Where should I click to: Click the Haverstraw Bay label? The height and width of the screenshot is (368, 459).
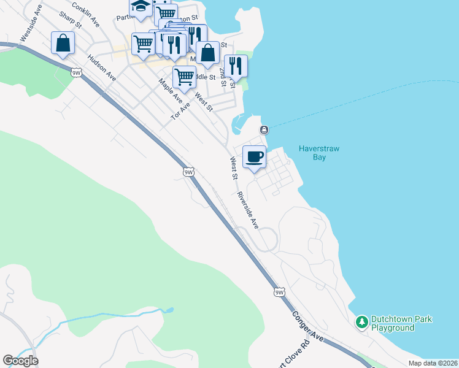[319, 153]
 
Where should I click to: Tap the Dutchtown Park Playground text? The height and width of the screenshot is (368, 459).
[402, 323]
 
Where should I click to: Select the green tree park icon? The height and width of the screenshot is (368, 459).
[362, 321]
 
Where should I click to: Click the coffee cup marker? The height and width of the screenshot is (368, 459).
[255, 157]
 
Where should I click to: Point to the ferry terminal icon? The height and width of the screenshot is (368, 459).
[264, 129]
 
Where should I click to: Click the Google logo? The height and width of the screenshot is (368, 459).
[20, 361]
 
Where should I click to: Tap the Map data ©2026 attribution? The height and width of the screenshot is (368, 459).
[432, 363]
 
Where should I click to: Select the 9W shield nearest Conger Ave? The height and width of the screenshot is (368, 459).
[280, 292]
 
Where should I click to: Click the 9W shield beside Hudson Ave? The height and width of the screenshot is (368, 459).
[76, 72]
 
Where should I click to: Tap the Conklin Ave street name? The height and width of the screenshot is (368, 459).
[85, 13]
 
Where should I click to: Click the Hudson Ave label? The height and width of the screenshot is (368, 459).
[102, 67]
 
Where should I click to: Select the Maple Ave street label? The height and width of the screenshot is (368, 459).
[170, 90]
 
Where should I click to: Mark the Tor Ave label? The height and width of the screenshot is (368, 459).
[181, 110]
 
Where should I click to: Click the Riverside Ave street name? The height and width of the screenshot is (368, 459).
[248, 210]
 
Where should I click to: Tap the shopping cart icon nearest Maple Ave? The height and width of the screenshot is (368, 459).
[184, 77]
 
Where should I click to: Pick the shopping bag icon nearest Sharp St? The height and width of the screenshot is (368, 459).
[63, 44]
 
